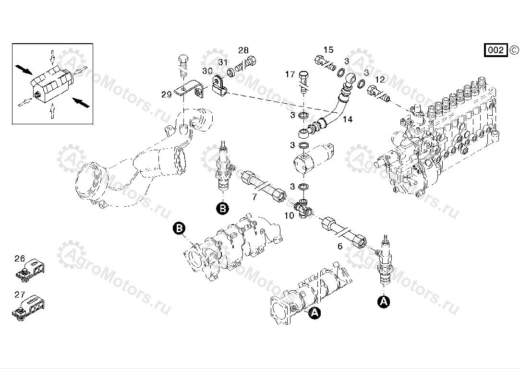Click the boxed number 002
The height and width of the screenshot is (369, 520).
click(x=496, y=50)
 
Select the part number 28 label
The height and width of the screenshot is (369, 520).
click(x=243, y=50)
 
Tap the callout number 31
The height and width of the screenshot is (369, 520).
click(x=223, y=62)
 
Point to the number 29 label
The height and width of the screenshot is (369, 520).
click(x=166, y=95)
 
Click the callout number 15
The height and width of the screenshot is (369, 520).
click(x=328, y=50)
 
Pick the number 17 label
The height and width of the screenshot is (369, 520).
click(x=290, y=74)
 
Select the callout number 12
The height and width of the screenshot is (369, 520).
click(x=379, y=79)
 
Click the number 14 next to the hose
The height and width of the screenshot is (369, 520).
click(x=347, y=119)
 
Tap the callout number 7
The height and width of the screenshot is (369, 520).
click(x=254, y=197)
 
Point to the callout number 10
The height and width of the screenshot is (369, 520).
click(x=289, y=216)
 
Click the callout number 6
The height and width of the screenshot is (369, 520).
click(x=340, y=246)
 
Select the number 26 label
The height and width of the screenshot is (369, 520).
click(x=19, y=259)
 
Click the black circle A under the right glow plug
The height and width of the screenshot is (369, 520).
click(x=383, y=301)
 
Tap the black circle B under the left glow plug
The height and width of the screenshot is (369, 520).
click(x=222, y=208)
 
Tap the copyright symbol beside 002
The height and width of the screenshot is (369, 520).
click(x=513, y=49)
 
